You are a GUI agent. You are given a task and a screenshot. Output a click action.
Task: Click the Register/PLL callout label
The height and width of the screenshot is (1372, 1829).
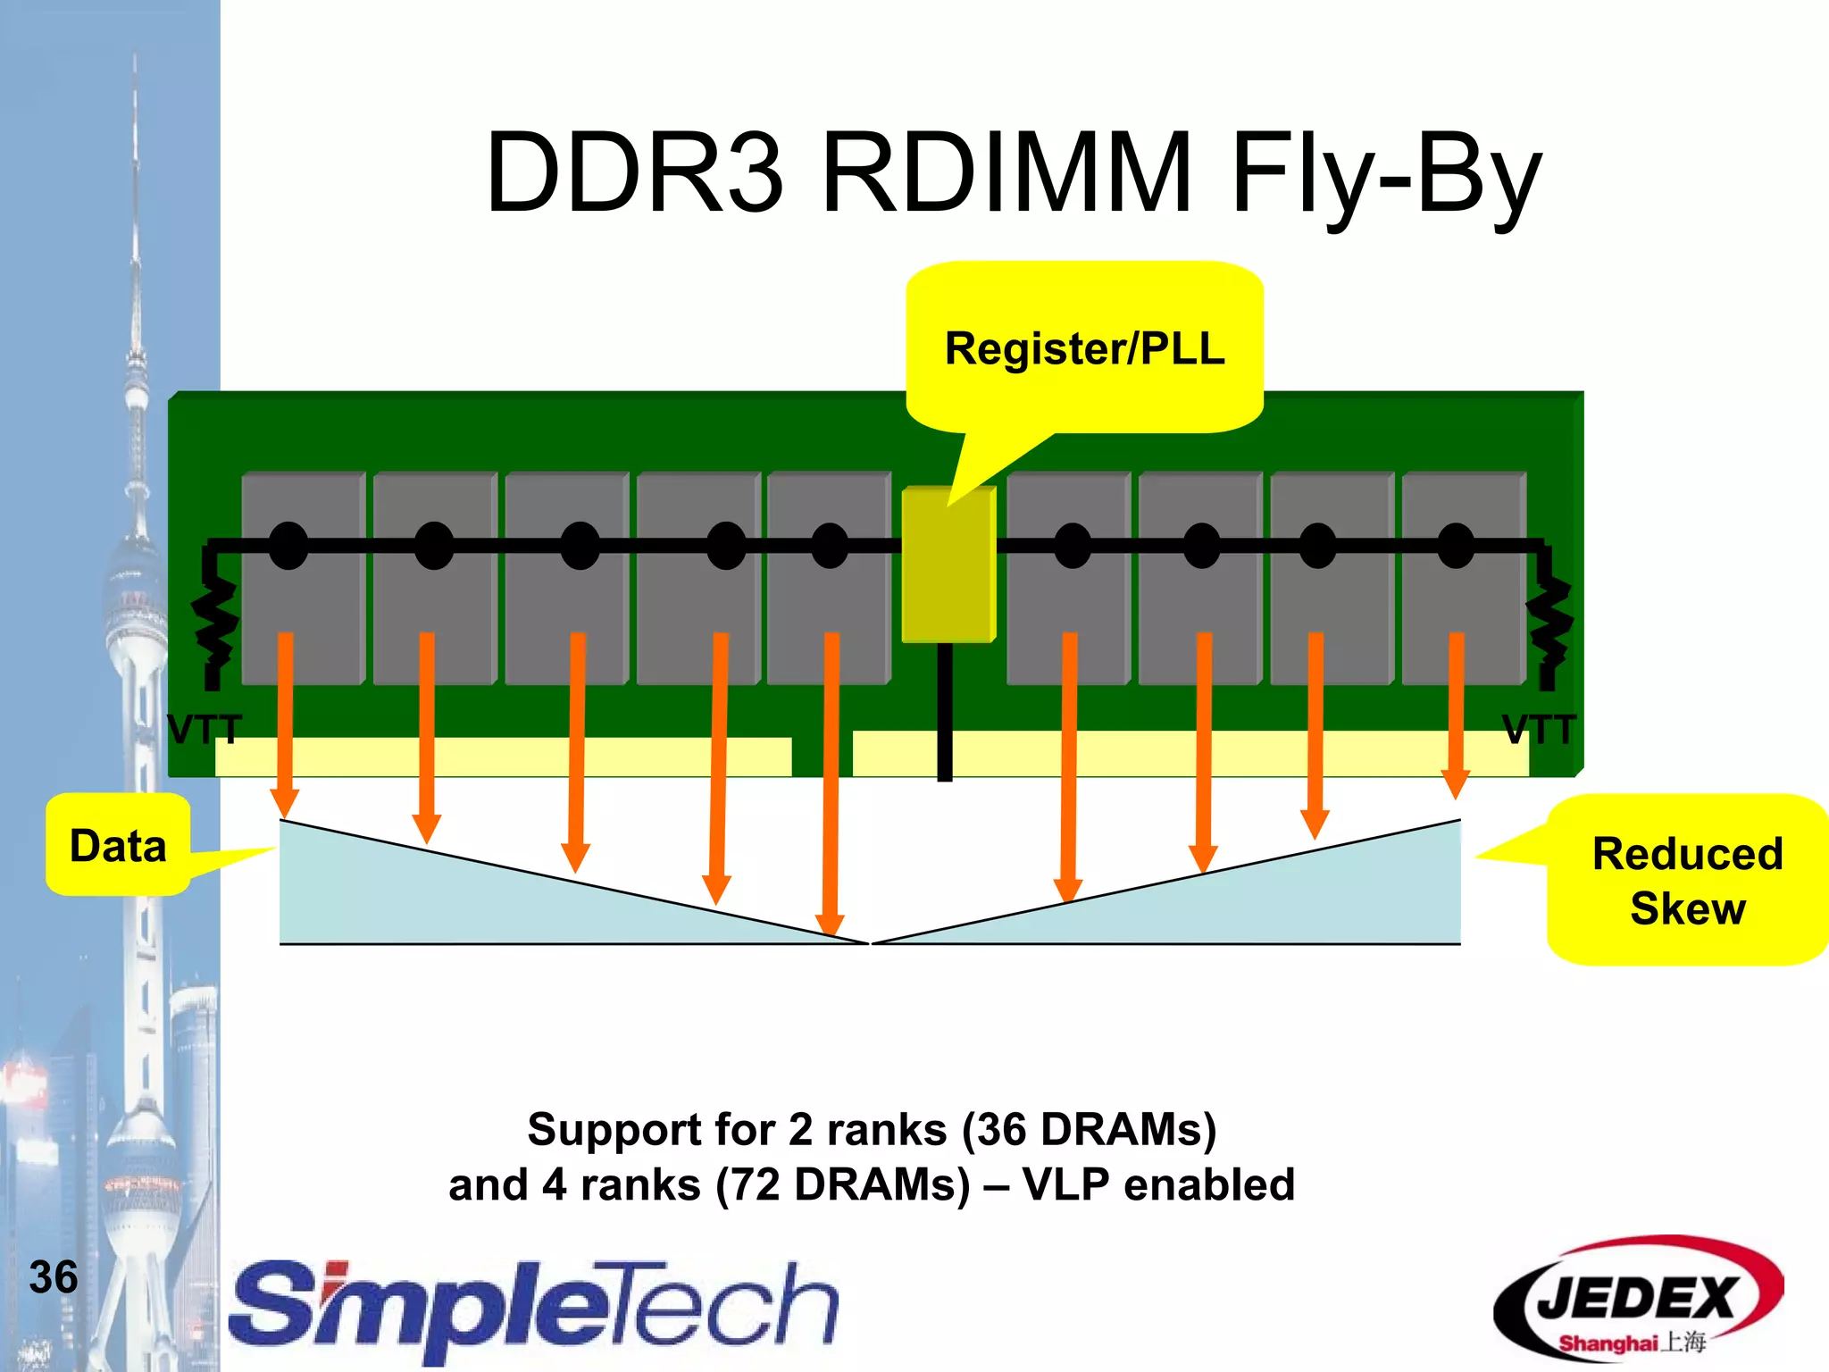click(x=1084, y=348)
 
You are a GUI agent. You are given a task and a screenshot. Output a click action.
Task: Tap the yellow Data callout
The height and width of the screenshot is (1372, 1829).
click(x=118, y=845)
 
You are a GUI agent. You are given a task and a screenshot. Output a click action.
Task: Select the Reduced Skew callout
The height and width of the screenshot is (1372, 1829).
click(x=1686, y=880)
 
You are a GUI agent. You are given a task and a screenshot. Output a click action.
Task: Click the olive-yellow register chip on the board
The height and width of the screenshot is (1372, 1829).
click(x=947, y=565)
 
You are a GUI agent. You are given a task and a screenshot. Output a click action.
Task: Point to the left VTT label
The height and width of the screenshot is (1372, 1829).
click(x=204, y=730)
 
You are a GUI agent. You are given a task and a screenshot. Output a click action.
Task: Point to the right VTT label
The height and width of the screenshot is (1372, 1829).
click(x=1538, y=730)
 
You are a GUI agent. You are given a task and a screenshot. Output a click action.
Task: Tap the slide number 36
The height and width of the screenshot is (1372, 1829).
click(x=54, y=1276)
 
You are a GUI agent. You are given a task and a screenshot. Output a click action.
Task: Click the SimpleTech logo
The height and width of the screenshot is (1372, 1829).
click(x=534, y=1308)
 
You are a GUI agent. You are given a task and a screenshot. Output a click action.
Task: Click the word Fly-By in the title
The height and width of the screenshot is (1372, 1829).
click(x=1385, y=173)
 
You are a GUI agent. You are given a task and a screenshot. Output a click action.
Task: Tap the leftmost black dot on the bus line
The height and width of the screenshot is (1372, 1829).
click(x=288, y=546)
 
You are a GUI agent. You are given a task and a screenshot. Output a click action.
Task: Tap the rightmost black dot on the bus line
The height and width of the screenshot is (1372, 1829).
click(x=1456, y=546)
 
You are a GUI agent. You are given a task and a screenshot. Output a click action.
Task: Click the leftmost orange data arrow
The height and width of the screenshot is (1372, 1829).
click(x=285, y=715)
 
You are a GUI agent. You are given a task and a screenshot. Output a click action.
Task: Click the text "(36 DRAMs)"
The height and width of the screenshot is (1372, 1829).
click(x=1089, y=1129)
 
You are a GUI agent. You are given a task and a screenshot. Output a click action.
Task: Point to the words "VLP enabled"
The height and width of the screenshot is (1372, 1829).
click(x=1158, y=1185)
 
